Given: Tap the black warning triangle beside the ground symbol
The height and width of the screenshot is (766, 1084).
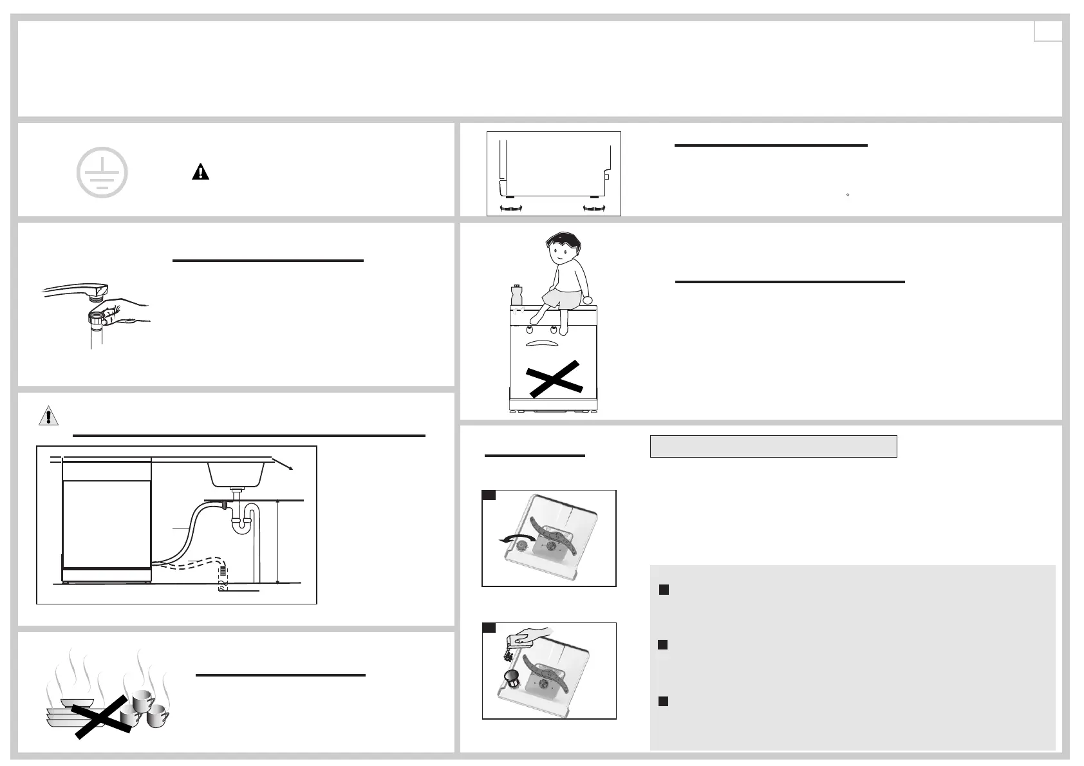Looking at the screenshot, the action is [x=201, y=173].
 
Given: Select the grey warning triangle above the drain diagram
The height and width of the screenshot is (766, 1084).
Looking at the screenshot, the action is [x=48, y=416].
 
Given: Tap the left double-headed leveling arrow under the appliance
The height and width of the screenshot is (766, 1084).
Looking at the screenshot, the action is [x=510, y=207].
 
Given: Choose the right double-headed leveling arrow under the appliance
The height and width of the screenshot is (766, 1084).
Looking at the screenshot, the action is [x=594, y=207].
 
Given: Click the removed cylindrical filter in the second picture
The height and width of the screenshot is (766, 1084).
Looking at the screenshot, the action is [x=511, y=679].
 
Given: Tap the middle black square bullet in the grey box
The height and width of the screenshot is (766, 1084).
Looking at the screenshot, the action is [x=663, y=645].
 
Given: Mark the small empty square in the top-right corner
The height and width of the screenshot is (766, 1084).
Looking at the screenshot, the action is [x=1047, y=31].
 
